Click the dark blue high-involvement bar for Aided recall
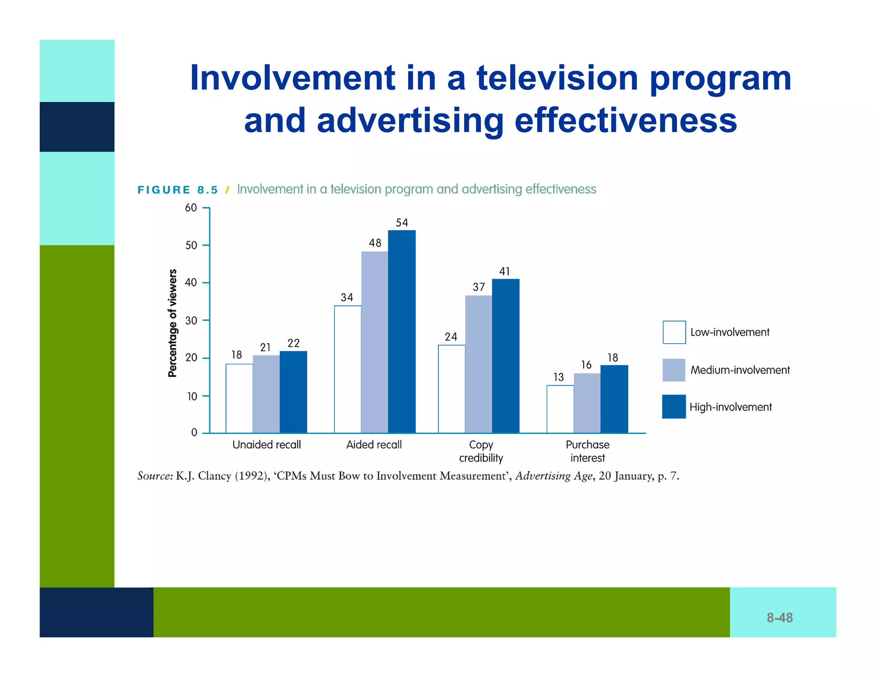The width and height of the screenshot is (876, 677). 402,332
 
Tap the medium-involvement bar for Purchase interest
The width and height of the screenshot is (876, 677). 587,403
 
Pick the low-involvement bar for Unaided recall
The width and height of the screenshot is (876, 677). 239,398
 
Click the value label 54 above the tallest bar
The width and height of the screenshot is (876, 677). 402,223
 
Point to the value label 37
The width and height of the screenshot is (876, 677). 479,287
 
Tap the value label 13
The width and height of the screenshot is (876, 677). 559,377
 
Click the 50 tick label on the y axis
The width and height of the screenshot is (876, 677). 191,246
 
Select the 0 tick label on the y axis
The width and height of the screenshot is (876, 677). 194,433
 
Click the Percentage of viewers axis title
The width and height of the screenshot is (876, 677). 172,323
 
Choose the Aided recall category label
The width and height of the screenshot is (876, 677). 374,445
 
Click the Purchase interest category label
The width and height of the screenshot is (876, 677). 587,451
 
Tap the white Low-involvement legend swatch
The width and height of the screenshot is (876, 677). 674,332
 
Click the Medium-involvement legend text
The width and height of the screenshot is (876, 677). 740,370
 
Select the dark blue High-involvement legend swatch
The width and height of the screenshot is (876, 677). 674,407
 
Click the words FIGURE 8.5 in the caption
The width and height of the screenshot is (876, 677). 178,190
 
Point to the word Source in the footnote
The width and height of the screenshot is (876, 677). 154,476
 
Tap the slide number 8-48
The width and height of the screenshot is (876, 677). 779,618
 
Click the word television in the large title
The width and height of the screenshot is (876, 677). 557,78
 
